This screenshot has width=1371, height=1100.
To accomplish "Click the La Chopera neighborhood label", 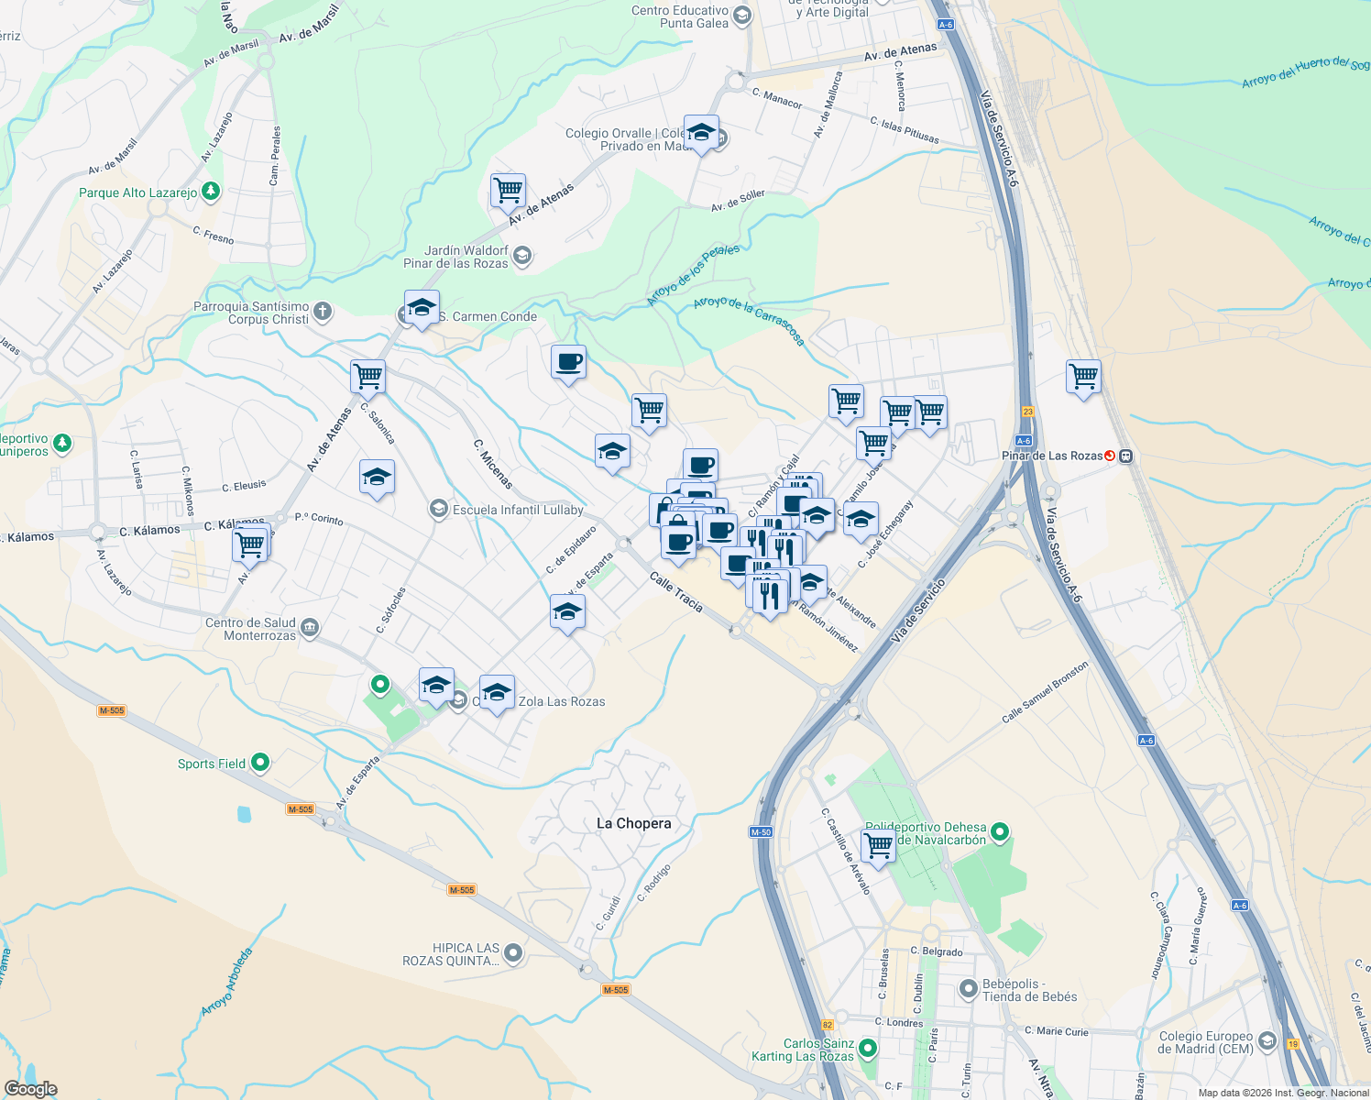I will coord(633,823).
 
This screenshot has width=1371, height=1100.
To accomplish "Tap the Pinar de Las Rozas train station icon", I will coord(1110,456).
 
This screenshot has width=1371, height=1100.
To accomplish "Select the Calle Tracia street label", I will coord(675,592).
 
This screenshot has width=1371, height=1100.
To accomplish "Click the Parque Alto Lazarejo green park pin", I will coord(211,192).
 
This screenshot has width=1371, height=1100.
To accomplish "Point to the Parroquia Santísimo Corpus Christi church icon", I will coord(323,313).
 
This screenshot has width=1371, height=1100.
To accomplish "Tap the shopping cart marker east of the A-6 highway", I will coord(1083,376).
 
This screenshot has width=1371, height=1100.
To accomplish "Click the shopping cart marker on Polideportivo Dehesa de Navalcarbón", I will coord(878,844).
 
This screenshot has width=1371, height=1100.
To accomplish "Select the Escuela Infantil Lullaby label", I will coord(518,510).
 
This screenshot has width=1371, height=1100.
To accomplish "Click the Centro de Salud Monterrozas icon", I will coord(310,628).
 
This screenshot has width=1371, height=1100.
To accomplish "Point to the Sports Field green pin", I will coord(260,762).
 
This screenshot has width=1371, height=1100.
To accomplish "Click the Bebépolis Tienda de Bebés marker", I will coord(969,989).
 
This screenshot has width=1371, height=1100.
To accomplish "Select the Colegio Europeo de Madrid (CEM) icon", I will coord(1267,1040).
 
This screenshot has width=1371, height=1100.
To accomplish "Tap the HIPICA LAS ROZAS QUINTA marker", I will coord(513,953).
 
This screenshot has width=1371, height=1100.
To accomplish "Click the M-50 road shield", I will coord(761,832).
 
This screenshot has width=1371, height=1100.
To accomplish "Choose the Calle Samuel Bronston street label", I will coord(1045,692).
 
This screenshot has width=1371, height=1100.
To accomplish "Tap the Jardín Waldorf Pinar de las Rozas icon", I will coord(521,256).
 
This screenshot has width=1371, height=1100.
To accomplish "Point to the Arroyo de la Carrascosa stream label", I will coord(749,320).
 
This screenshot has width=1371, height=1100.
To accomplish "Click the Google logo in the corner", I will coord(31,1088).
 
